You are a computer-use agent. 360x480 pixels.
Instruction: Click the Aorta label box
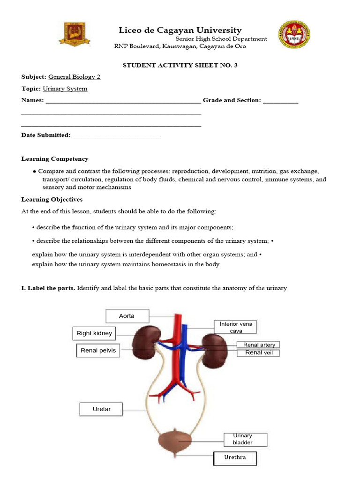127,316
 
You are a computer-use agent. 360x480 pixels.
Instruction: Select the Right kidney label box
94,334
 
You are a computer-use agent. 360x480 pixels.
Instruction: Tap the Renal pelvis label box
97,350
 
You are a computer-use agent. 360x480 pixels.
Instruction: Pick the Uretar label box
101,409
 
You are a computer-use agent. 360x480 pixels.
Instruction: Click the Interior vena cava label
236,327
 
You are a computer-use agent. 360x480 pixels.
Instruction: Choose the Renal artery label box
259,345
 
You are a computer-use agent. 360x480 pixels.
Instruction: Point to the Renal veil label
259,352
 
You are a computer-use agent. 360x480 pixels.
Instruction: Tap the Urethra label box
235,457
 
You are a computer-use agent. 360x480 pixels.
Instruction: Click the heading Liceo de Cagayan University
180,30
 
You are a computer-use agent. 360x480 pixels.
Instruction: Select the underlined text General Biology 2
74,77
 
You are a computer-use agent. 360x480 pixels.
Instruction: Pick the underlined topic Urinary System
65,89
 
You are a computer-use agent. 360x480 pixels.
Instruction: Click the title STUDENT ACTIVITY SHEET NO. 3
180,65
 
